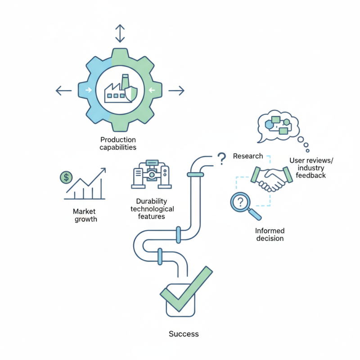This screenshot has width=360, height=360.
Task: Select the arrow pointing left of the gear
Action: tap(63, 91)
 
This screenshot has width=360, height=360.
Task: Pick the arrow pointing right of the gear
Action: tap(176, 91)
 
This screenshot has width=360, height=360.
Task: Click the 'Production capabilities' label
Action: tap(118, 144)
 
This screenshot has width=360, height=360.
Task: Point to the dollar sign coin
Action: tap(66, 177)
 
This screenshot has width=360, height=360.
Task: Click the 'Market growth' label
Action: tap(85, 215)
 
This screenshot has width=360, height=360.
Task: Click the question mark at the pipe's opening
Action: tap(221, 158)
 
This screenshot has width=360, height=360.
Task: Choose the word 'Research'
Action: tap(248, 156)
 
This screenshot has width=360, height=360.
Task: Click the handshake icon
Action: tap(272, 179)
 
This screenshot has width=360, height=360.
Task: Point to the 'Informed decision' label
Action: tap(270, 234)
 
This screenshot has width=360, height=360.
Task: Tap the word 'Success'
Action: tap(184, 334)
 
